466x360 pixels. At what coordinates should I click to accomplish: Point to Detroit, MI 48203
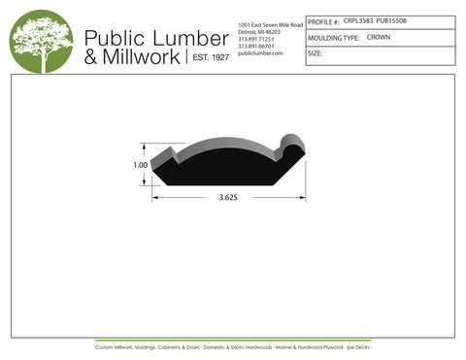tap(258, 31)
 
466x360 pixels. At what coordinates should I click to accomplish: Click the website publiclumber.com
tap(259, 53)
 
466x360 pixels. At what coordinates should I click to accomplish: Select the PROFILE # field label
tap(323, 20)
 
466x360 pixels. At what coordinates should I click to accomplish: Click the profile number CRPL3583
tap(358, 19)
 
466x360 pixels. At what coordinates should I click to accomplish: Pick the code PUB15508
tap(392, 19)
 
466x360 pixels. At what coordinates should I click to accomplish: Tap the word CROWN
tap(379, 37)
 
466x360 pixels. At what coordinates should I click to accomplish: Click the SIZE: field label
tap(316, 53)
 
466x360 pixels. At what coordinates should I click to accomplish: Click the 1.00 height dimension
tap(141, 166)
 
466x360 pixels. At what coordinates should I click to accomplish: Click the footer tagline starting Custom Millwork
tap(232, 346)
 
